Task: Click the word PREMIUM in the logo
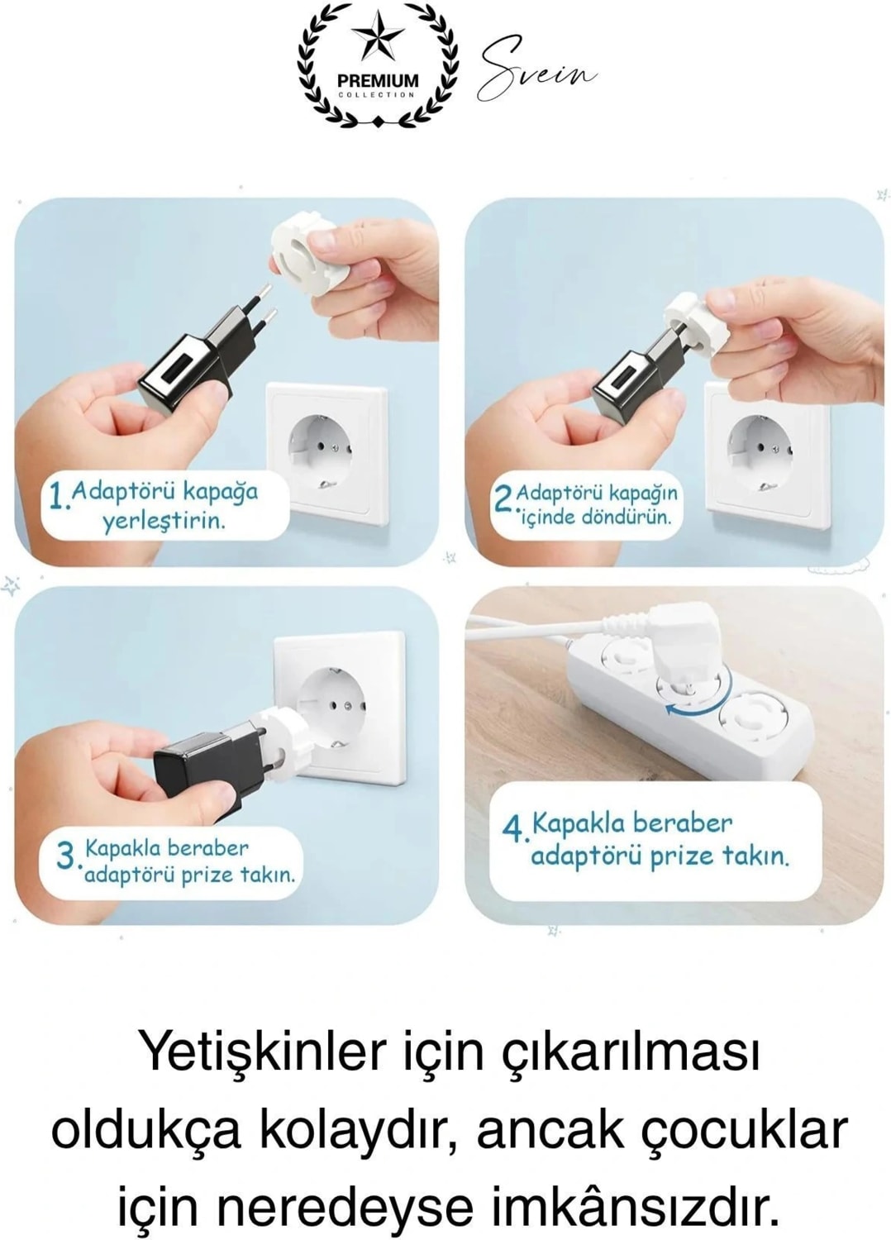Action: coord(378,80)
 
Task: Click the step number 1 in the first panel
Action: coord(57,497)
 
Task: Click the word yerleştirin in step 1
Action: coord(164,521)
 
